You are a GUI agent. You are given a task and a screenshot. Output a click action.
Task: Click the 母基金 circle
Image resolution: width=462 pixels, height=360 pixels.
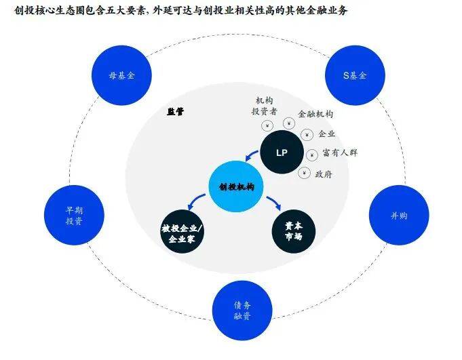(121, 75)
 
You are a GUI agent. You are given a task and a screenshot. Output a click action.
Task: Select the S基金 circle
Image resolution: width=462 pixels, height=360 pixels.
(354, 75)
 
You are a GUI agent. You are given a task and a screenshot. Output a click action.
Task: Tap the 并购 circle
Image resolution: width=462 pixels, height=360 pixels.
(399, 216)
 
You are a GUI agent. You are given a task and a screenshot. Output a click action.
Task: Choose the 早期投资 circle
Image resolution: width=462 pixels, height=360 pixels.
(74, 216)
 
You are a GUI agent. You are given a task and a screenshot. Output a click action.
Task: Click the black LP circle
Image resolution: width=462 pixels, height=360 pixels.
(282, 153)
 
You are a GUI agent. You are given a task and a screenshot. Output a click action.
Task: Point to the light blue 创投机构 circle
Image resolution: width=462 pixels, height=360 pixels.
(236, 186)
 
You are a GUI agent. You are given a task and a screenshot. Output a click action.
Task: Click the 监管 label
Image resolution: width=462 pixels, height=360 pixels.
(176, 112)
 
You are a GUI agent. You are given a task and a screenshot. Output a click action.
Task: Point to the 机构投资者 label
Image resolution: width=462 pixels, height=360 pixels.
(265, 106)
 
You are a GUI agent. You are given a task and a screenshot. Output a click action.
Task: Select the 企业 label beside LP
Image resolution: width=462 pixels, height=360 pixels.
(326, 134)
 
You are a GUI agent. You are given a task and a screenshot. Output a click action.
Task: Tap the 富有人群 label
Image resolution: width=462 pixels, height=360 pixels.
(340, 153)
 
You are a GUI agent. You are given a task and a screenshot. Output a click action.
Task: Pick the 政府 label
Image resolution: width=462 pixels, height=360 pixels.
(324, 174)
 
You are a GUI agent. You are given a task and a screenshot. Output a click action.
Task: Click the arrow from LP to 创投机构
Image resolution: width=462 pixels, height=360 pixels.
(252, 161)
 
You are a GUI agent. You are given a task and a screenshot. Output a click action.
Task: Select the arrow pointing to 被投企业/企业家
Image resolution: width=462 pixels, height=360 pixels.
(196, 201)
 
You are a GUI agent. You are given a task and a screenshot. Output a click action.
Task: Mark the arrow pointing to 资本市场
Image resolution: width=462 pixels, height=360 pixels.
(274, 203)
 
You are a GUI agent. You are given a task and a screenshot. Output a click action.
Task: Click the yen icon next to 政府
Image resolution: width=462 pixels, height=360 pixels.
(303, 173)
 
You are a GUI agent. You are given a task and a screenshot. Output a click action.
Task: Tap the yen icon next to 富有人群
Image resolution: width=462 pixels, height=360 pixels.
(311, 155)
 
